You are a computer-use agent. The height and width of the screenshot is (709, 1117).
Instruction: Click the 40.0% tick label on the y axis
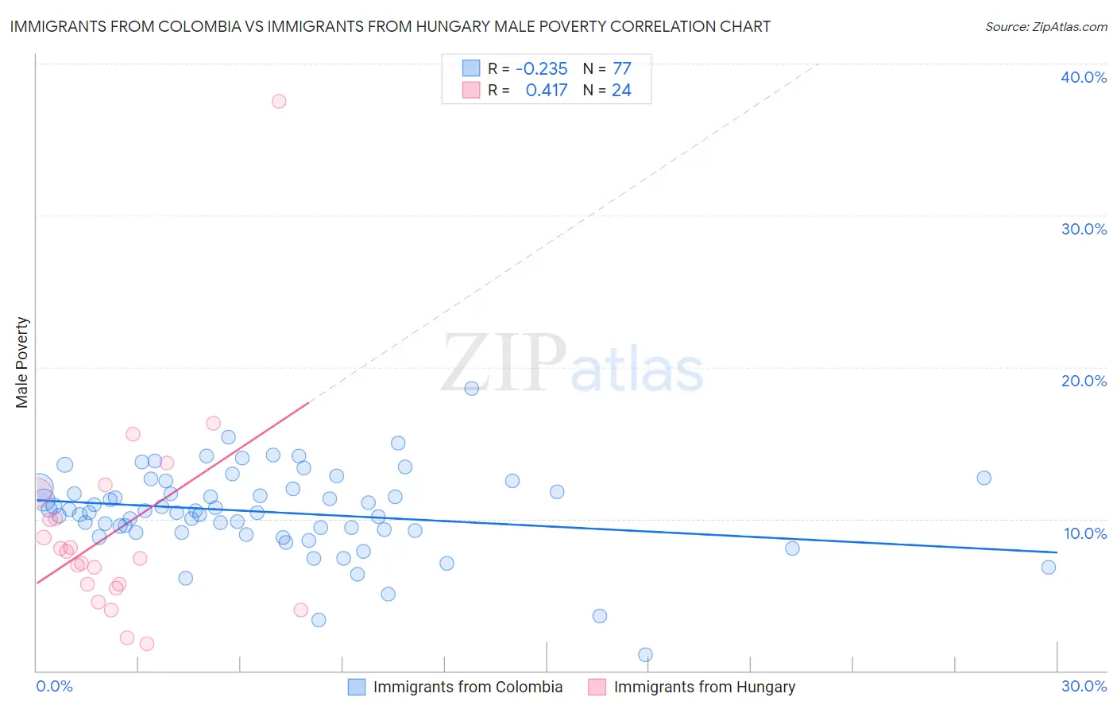tap(1084, 77)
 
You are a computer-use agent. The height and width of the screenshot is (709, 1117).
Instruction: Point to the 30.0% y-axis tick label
tap(1084, 229)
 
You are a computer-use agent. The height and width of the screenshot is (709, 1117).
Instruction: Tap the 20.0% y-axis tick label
tap(1084, 381)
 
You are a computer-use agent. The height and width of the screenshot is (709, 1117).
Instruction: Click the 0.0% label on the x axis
tap(54, 686)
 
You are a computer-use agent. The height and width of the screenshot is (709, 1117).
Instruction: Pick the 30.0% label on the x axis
tap(1084, 686)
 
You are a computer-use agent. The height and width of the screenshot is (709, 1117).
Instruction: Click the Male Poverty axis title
tap(22, 362)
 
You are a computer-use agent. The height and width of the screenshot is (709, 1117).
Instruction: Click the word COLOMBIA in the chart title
tap(200, 26)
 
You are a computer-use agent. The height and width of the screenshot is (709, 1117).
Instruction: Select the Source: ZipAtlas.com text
tap(1045, 27)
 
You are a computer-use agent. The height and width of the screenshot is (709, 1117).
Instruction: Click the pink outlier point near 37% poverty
tap(279, 101)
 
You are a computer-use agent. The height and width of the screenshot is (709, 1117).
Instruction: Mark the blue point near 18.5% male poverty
tap(471, 389)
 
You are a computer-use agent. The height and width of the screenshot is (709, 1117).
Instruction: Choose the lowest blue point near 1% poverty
tap(645, 655)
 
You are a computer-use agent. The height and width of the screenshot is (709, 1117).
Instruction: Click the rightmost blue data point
tap(1049, 567)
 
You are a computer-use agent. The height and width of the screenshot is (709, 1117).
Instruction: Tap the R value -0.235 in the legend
tap(541, 69)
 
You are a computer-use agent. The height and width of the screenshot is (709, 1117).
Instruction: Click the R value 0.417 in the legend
tap(546, 91)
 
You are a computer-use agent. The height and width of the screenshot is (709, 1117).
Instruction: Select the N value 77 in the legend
tap(621, 69)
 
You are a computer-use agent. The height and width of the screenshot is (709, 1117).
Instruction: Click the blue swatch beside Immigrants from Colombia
tap(357, 687)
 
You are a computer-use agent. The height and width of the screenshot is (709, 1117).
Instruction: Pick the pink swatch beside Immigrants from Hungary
tap(597, 687)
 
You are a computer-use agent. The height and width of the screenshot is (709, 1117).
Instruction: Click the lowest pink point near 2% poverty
tap(146, 644)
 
